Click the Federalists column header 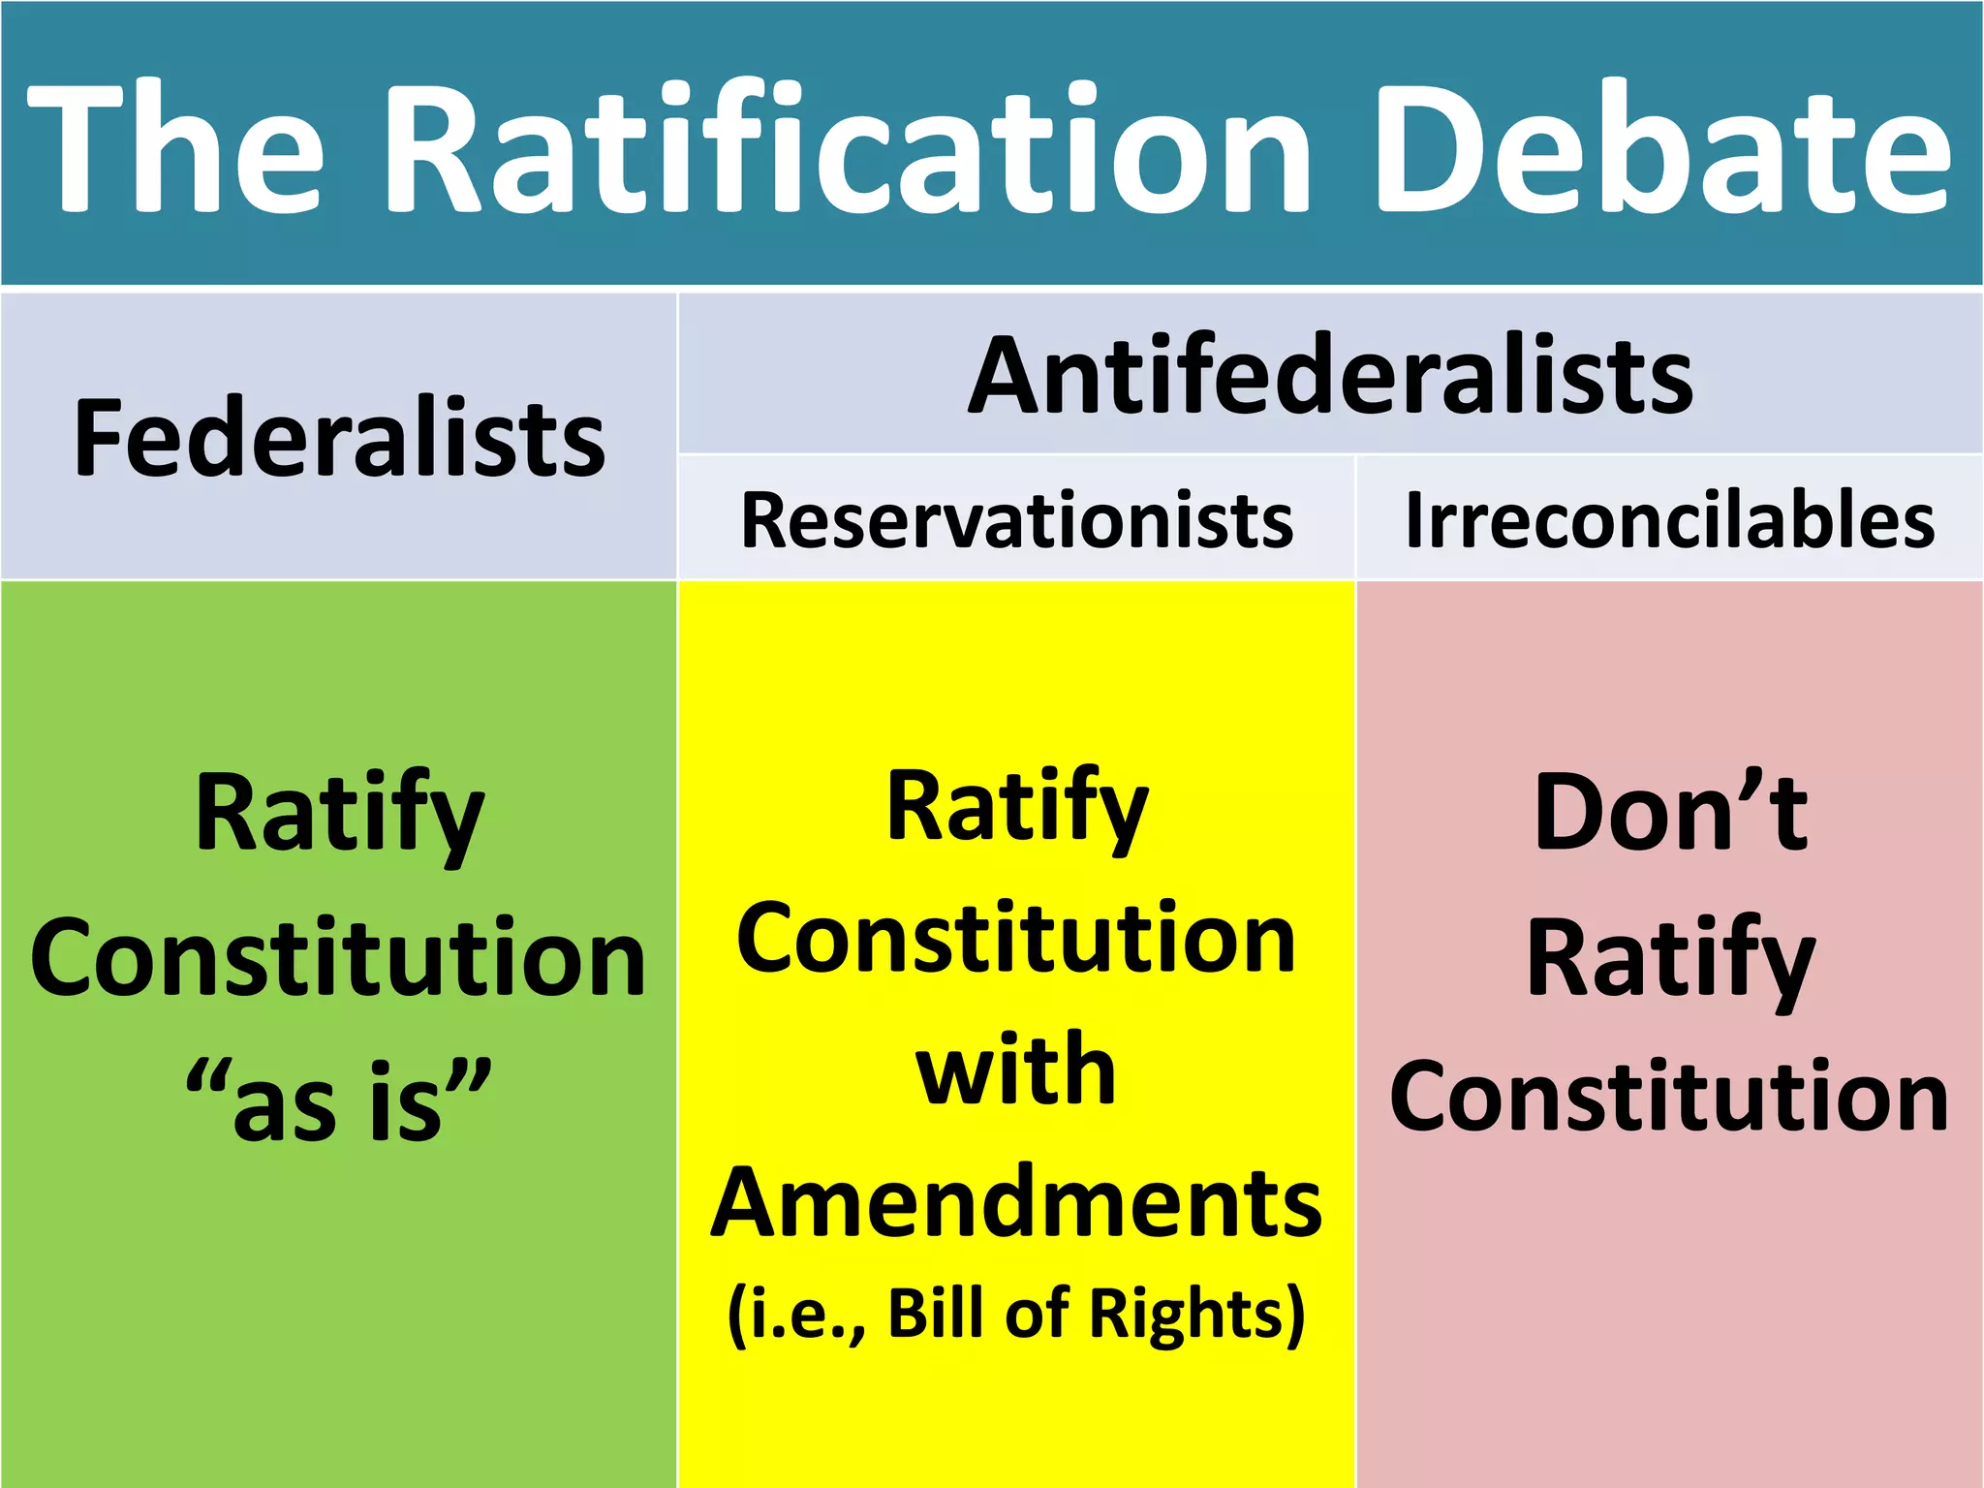click(339, 438)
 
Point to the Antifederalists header click(1330, 376)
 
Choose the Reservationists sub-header click(1016, 520)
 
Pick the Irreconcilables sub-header click(1669, 520)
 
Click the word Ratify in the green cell click(339, 814)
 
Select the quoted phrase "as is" click(339, 1100)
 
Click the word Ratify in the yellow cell click(1017, 809)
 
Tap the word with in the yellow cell click(1016, 1069)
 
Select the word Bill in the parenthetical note click(939, 1314)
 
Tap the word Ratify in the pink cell click(1670, 959)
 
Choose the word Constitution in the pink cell click(1669, 1097)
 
